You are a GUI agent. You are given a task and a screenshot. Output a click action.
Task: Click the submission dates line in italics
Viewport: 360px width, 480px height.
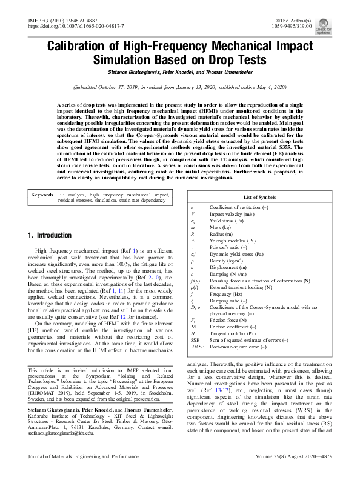click(179, 87)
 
